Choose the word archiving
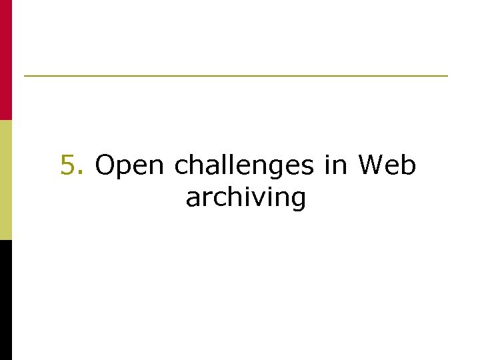point(246,198)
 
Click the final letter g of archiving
point(297,199)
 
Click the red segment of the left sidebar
point(6,60)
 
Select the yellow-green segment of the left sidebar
point(6,180)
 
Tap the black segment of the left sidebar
point(6,300)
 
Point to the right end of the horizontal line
point(447,76)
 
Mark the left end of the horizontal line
point(25,76)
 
